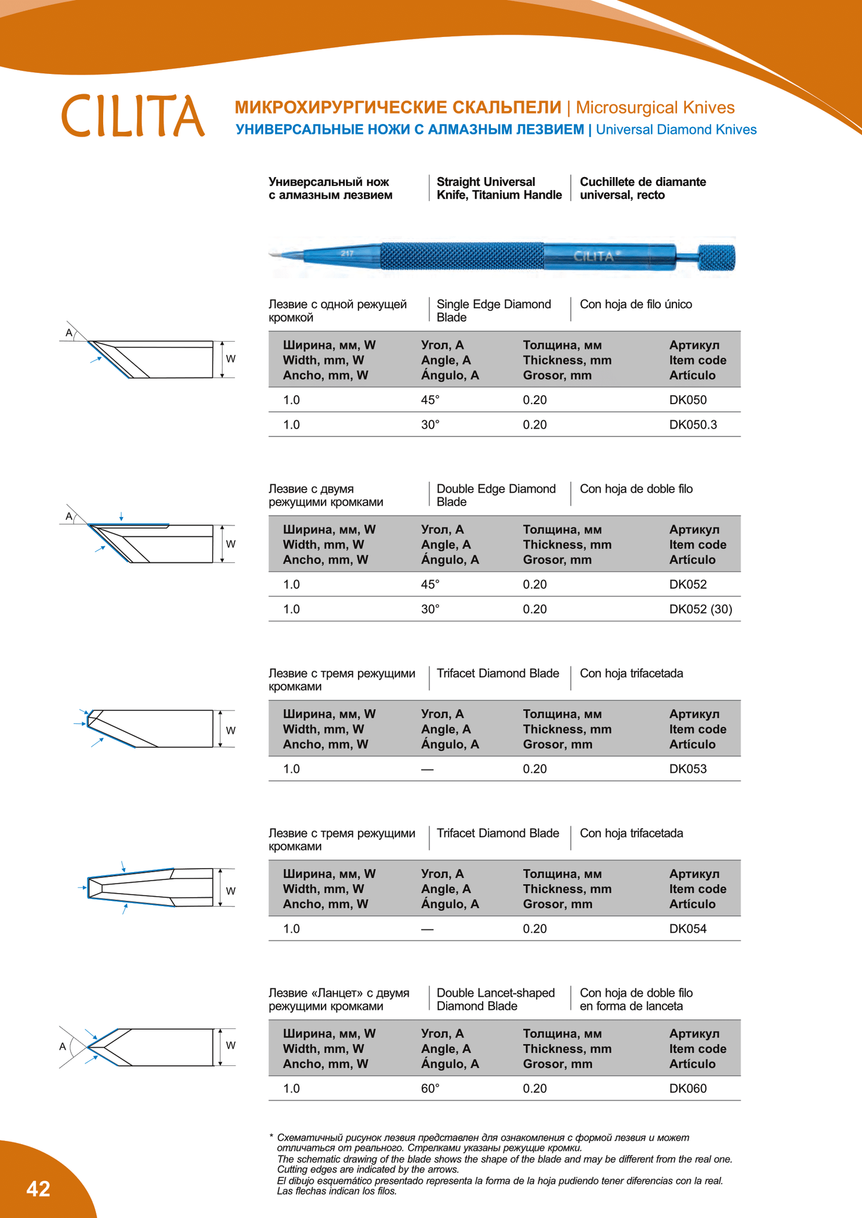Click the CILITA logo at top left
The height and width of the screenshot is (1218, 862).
click(132, 116)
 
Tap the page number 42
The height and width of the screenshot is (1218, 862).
click(38, 1189)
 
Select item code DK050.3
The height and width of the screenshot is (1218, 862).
click(693, 424)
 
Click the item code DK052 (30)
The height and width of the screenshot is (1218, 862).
click(700, 609)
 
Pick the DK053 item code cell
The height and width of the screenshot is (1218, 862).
click(687, 768)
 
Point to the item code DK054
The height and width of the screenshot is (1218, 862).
click(687, 928)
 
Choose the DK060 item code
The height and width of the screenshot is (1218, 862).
click(687, 1088)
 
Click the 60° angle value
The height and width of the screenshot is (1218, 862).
click(430, 1088)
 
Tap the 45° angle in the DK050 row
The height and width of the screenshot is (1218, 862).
click(430, 399)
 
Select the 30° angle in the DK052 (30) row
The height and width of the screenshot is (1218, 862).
click(430, 609)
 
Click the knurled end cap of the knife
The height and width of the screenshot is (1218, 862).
click(717, 258)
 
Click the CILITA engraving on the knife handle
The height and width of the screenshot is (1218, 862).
click(594, 256)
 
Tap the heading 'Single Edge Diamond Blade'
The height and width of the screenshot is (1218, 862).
click(493, 311)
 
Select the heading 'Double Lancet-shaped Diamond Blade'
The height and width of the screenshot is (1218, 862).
click(495, 999)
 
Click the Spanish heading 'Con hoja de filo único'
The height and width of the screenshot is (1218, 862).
click(635, 304)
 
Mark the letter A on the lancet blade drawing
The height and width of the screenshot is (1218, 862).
click(63, 1046)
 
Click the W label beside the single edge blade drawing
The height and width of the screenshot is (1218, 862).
click(230, 359)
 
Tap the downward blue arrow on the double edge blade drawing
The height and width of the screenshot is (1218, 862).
click(121, 517)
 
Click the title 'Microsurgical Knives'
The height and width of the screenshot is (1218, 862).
click(654, 107)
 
